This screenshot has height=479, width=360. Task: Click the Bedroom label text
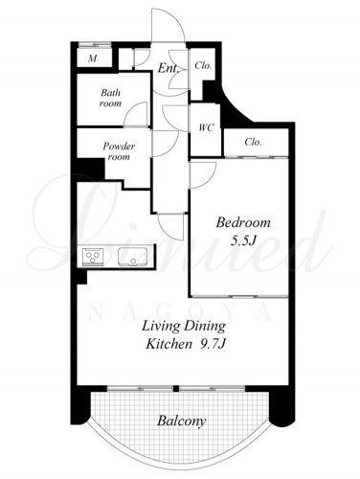[x=243, y=222]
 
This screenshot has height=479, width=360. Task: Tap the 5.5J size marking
[x=244, y=240]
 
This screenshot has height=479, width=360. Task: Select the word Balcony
[x=182, y=421]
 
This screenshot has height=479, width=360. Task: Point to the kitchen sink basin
[x=133, y=257]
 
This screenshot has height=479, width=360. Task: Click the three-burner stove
[x=93, y=257]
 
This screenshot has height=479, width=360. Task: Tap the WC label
[x=206, y=127]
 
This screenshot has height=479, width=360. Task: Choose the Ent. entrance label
[x=168, y=68]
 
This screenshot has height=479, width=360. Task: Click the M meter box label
[x=93, y=58]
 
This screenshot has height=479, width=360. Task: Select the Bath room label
[x=110, y=98]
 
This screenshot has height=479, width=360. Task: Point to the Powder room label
[x=119, y=151]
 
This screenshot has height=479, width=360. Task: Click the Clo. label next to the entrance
[x=203, y=66]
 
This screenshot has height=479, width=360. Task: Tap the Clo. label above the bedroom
[x=254, y=142]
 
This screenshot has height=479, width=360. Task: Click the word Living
[x=161, y=327]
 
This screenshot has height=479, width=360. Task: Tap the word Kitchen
[x=169, y=344]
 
